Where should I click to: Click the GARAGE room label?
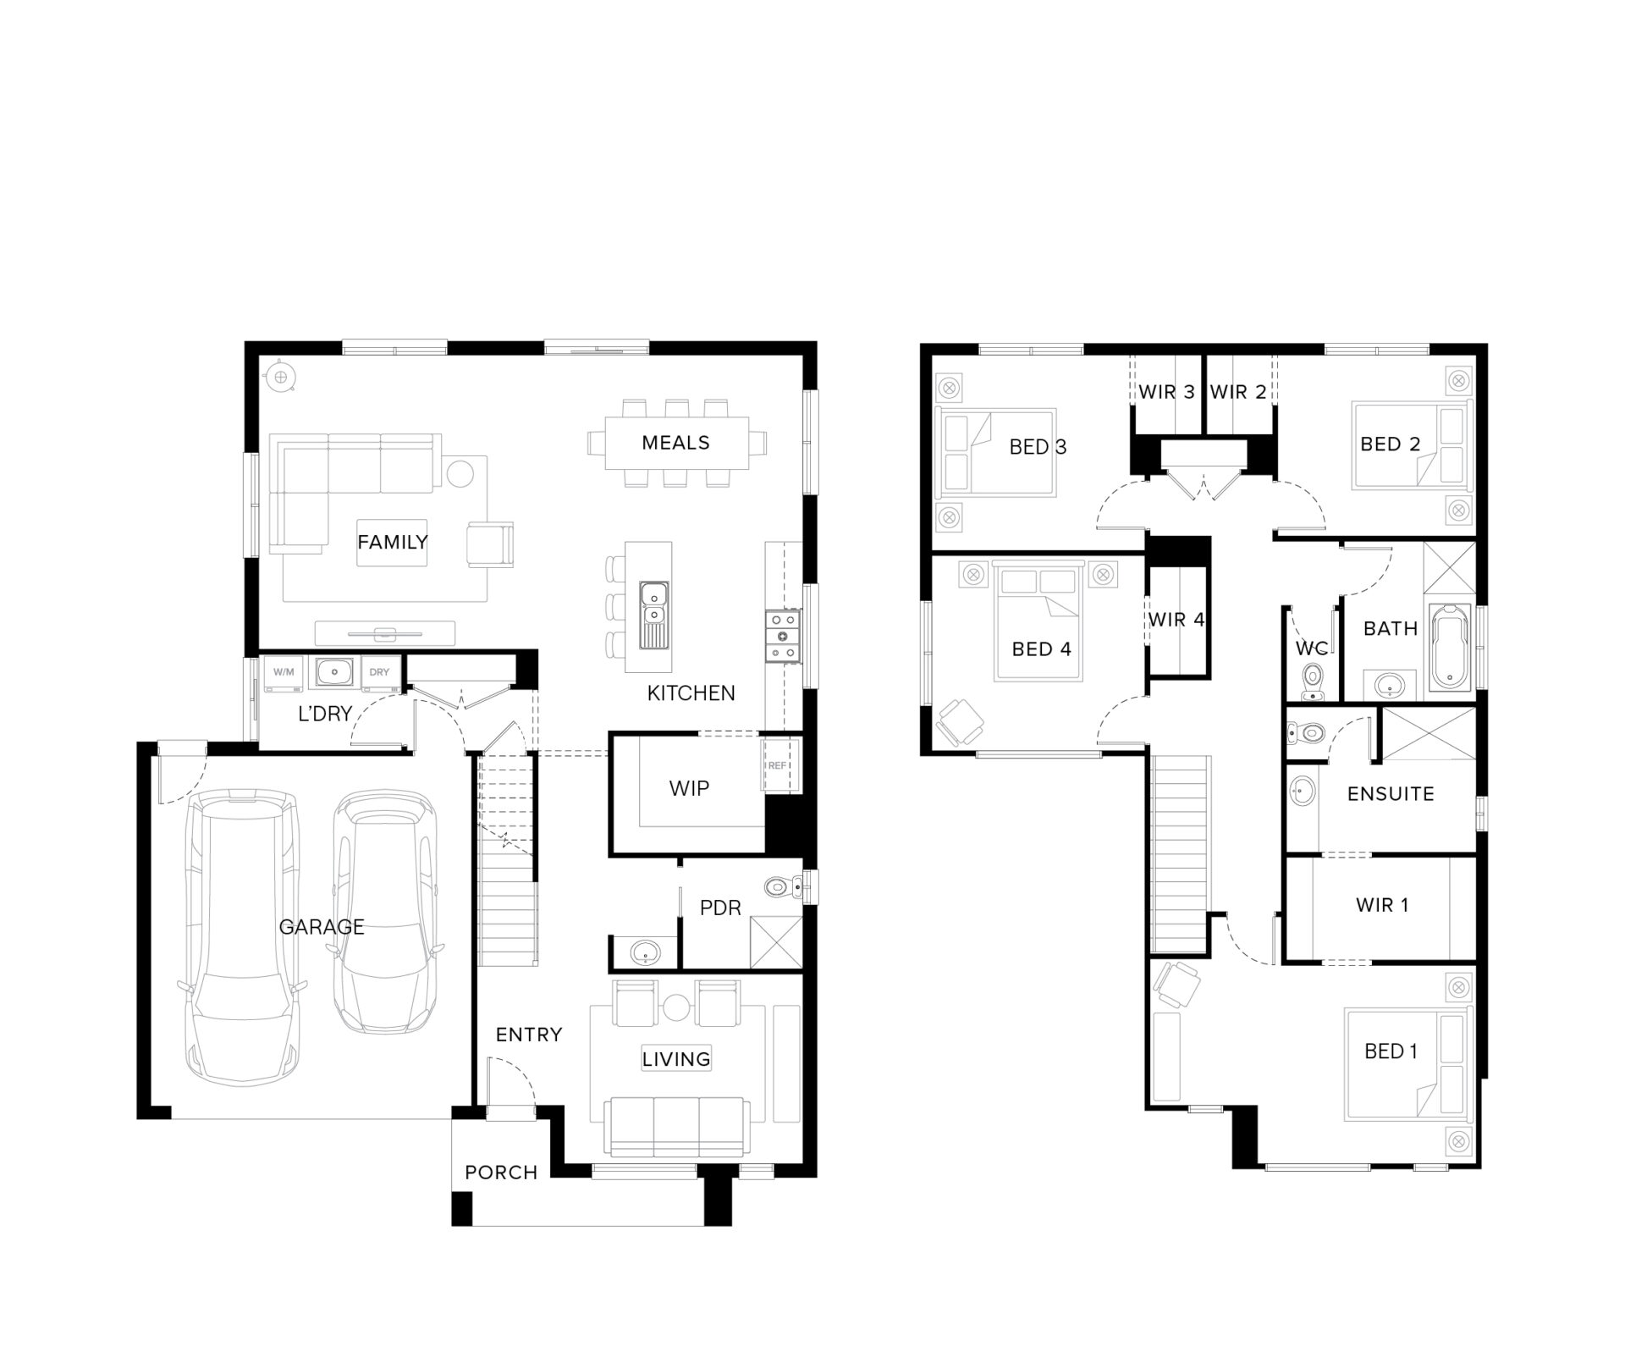(322, 927)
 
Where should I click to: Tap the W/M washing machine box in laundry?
(284, 673)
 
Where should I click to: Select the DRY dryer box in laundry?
(379, 673)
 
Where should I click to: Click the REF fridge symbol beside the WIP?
(778, 765)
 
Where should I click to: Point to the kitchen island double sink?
(653, 603)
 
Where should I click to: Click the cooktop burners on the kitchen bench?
(783, 636)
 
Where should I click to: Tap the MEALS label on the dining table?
(675, 443)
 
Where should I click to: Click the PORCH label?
(501, 1173)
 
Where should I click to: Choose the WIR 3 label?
(1166, 392)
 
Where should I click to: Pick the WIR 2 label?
(1238, 392)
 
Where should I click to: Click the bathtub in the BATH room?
(1450, 646)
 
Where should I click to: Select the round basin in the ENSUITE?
(1301, 792)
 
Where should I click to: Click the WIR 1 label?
(1382, 905)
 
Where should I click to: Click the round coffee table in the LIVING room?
(676, 1007)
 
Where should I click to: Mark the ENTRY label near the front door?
(529, 1035)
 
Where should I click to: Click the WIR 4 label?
(1176, 620)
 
